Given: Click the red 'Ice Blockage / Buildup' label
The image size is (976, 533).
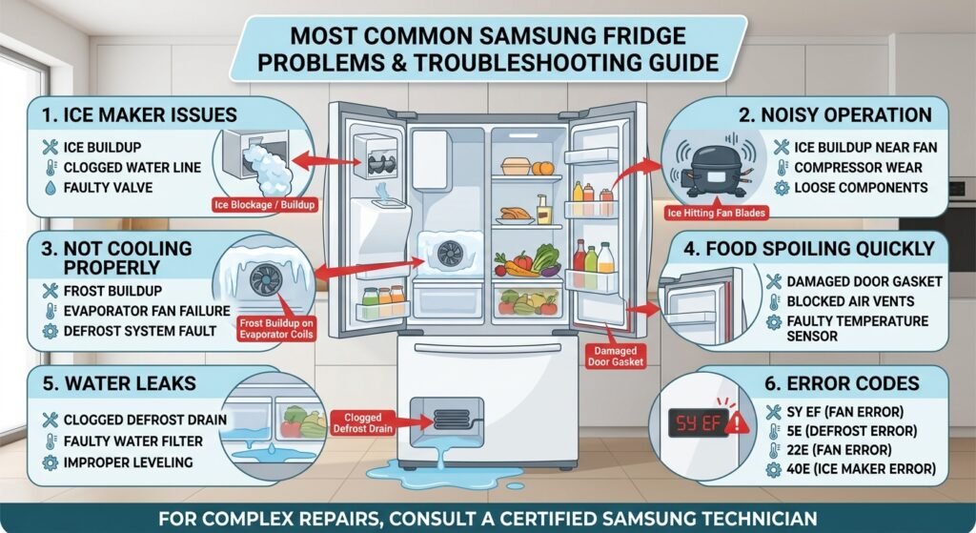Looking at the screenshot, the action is pos(265,204).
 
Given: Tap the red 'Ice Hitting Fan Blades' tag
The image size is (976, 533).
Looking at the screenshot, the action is pos(716,213).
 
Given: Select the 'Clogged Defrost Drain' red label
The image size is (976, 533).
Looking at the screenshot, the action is pos(362,422).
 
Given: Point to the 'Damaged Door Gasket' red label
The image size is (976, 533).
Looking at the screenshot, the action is pos(615,357).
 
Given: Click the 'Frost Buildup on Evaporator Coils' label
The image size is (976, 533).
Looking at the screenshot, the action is pos(276,329).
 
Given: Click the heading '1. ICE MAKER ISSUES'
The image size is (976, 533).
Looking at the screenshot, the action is pos(139,115).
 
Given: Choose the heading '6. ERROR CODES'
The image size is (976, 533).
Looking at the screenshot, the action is pos(842,383).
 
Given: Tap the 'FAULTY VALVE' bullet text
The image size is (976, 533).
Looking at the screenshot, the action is pos(108,188).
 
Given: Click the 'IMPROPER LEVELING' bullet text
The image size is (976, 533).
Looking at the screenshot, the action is pos(129,462).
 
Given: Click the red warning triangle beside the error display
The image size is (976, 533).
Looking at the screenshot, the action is pos(738,423).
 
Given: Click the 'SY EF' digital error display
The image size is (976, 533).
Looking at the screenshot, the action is pos(698,423).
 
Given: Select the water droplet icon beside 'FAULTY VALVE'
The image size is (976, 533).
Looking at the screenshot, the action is pos(51,188).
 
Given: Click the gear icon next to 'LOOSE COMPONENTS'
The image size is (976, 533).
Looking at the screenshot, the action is pos(782,188).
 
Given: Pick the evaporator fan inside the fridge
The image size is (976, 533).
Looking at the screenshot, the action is pos(450,254).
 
